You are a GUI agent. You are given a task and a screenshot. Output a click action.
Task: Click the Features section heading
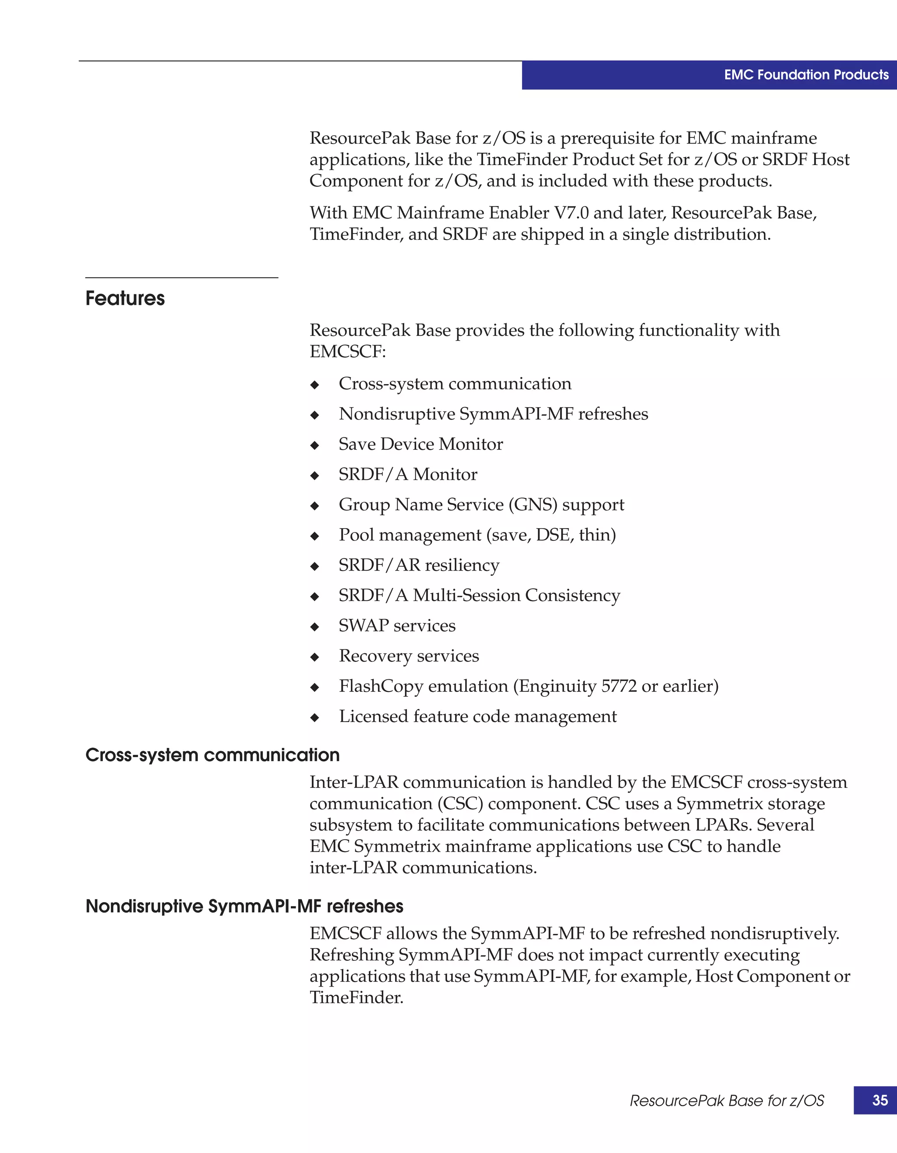[x=125, y=298]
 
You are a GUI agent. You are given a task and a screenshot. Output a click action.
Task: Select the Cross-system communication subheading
[x=212, y=755]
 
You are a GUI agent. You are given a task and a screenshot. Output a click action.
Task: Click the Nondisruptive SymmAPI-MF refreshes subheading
[x=244, y=906]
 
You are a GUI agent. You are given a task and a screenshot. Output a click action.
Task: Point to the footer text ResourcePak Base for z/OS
[x=727, y=1101]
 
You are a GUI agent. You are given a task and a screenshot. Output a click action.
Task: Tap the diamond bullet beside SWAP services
[x=314, y=627]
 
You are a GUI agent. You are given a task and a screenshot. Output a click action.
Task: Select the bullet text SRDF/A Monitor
[x=408, y=475]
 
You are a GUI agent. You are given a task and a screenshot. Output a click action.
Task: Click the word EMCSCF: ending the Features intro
[x=347, y=352]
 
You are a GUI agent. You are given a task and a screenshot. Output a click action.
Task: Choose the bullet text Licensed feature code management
[x=477, y=716]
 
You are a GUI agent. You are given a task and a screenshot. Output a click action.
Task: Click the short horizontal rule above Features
[x=182, y=278]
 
